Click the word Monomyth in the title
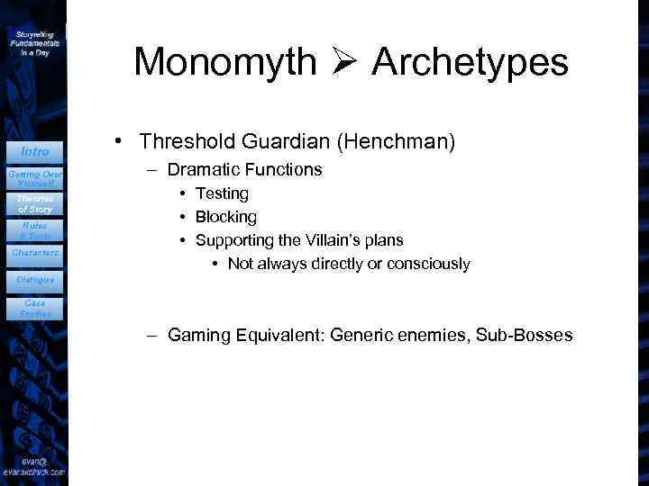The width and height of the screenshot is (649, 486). pyautogui.click(x=224, y=63)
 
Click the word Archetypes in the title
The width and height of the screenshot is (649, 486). pyautogui.click(x=470, y=63)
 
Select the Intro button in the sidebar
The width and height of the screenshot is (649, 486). pyautogui.click(x=35, y=151)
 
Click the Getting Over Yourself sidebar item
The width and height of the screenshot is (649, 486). pyautogui.click(x=35, y=176)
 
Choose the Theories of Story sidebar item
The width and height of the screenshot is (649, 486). pyautogui.click(x=35, y=204)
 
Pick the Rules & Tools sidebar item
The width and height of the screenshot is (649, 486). pyautogui.click(x=35, y=230)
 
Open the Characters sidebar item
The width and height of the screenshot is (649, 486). pyautogui.click(x=35, y=253)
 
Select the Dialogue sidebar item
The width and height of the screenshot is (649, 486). pyautogui.click(x=35, y=280)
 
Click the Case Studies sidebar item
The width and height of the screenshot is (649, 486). pyautogui.click(x=35, y=309)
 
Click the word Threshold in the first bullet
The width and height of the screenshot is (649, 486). pyautogui.click(x=179, y=142)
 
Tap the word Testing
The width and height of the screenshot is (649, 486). pyautogui.click(x=222, y=193)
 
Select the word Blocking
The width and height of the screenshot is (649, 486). pyautogui.click(x=225, y=217)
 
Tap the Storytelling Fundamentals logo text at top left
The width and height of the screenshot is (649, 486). pyautogui.click(x=35, y=41)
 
